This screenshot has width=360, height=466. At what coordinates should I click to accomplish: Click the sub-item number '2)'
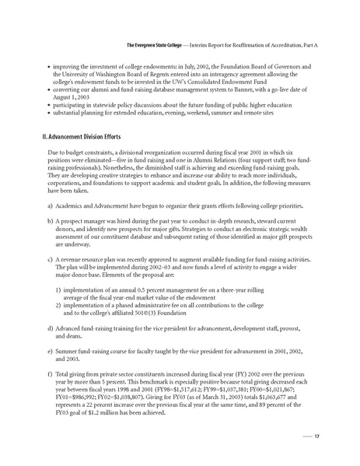point(59,307)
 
